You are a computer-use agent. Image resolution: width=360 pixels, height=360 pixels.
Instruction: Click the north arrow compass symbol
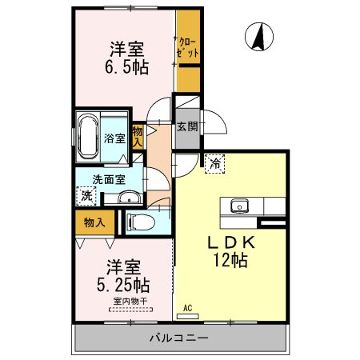(x=259, y=37)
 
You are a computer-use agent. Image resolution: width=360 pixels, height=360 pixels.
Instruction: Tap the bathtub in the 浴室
(x=87, y=138)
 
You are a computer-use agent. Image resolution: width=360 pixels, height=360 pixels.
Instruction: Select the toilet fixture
(x=142, y=222)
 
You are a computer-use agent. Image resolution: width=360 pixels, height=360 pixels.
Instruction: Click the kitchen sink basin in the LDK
(x=239, y=206)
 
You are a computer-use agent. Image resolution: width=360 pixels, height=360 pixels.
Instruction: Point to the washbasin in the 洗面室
(x=130, y=198)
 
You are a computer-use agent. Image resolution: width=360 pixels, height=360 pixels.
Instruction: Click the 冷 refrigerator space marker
(x=215, y=163)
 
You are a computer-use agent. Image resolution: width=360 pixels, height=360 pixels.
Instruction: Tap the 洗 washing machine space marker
(x=86, y=196)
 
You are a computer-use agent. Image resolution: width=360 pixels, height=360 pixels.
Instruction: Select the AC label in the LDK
(x=188, y=308)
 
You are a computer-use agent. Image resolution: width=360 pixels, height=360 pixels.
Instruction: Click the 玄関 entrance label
(x=187, y=126)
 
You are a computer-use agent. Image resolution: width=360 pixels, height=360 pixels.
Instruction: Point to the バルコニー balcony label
(x=178, y=338)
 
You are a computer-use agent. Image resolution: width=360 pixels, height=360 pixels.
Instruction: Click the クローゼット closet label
(x=188, y=47)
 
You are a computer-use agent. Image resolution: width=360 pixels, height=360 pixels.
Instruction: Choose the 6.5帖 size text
(x=126, y=67)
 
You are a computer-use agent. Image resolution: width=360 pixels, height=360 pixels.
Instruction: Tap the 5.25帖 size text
(x=123, y=285)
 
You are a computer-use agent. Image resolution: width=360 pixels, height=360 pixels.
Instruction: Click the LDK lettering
(x=231, y=242)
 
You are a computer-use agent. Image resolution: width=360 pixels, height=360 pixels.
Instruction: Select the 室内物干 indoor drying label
(x=130, y=302)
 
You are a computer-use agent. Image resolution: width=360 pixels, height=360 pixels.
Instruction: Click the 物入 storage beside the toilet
(x=94, y=222)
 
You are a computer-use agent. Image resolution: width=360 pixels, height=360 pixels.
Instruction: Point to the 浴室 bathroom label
(x=114, y=138)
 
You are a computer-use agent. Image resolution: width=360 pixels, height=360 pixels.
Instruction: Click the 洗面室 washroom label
(x=109, y=179)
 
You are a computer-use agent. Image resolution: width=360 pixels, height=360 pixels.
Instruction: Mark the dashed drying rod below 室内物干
(x=130, y=310)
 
